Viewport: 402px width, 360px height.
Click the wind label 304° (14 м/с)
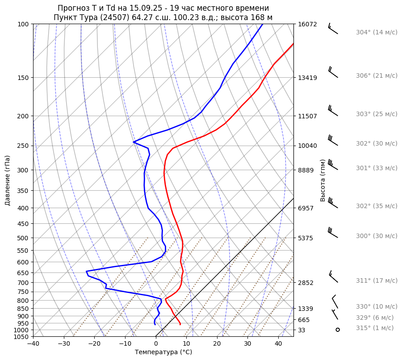376,32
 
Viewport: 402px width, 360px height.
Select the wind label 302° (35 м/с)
376,206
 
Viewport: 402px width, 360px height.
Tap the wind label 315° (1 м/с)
374,328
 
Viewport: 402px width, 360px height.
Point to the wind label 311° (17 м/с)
376,280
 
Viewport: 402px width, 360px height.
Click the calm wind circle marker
338,330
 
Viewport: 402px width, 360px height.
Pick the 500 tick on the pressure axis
23,238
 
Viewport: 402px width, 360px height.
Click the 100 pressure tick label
23,24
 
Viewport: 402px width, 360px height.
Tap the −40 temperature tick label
33,344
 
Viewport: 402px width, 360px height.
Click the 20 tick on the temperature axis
217,344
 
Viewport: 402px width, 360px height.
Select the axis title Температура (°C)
163,352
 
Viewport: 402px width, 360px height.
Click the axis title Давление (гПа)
8,180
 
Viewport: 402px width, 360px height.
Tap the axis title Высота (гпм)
323,180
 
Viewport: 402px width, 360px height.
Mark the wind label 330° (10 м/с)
376,306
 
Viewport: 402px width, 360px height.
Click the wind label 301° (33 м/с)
376,168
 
